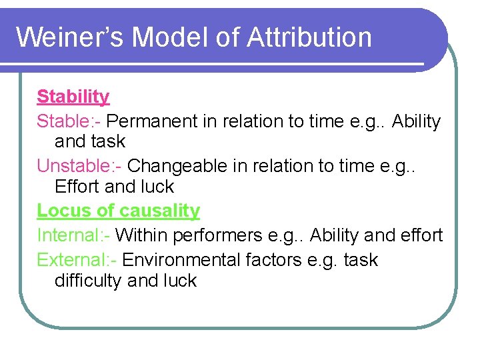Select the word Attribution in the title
pos(309,37)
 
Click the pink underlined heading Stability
pos(73,97)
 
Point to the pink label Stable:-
pos(69,121)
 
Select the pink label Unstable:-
pos(79,165)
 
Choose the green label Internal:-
pos(73,235)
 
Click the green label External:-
pos(77,259)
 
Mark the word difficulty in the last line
pos(88,281)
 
